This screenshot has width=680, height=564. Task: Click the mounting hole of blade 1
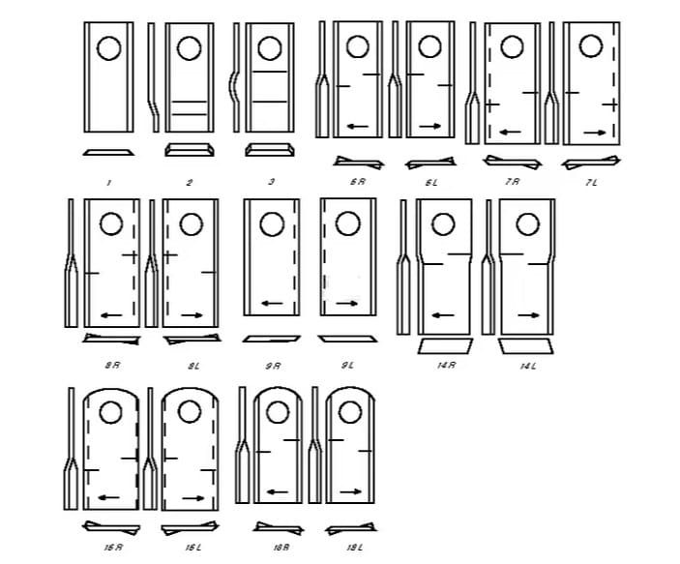tap(108, 45)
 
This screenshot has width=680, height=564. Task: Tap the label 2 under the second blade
tap(190, 182)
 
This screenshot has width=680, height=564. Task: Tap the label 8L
tap(193, 366)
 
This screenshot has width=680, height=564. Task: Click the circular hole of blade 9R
tap(271, 224)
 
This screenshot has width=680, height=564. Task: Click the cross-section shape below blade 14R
tap(445, 345)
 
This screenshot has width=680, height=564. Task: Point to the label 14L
tap(528, 367)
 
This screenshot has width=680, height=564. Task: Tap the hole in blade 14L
tap(527, 224)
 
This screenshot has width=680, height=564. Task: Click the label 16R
tap(113, 548)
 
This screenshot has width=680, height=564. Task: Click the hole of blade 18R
tap(278, 413)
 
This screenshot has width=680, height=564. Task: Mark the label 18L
tap(355, 548)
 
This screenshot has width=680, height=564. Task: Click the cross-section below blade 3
tap(270, 150)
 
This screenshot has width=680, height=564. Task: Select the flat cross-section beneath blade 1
tap(108, 152)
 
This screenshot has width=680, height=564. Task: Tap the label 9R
tap(273, 366)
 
